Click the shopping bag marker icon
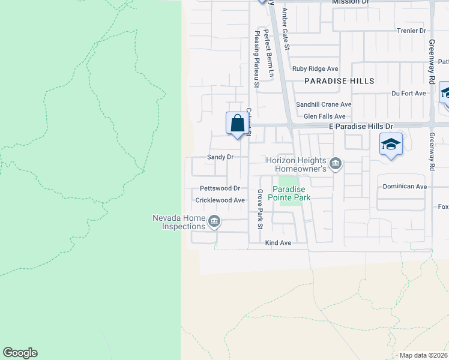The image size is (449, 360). tap(238, 124)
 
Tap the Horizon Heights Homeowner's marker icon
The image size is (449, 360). tap(336, 163)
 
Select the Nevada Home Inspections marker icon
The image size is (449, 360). tap(213, 223)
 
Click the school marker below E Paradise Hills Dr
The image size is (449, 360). tap(390, 145)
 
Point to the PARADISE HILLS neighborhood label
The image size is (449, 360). tap(339, 81)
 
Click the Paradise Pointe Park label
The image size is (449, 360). tap(291, 193)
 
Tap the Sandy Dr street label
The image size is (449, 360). tap(220, 157)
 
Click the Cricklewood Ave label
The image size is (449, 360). tap(220, 200)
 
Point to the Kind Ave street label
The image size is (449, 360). tap(278, 243)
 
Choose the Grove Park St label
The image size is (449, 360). tap(260, 209)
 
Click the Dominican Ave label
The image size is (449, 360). tap(405, 187)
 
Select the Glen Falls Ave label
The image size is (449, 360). tap(325, 116)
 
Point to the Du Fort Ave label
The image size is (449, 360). tap(408, 93)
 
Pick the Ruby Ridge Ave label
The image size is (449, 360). tap(315, 69)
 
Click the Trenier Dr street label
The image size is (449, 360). tap(411, 31)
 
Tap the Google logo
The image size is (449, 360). tap(20, 353)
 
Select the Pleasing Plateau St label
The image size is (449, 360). tap(256, 59)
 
